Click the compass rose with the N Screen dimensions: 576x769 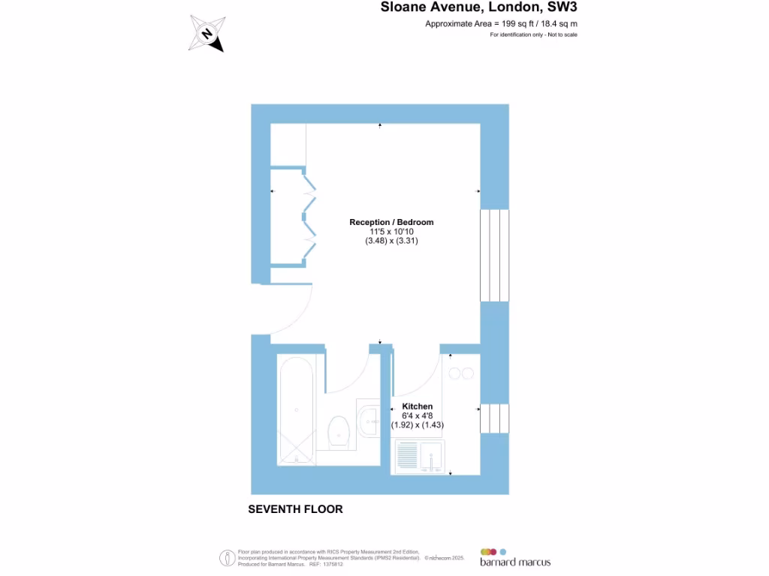207,34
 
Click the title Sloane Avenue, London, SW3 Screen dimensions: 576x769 479,8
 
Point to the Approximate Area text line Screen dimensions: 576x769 501,24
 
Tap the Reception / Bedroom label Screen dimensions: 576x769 391,222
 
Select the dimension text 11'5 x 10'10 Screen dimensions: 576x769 391,232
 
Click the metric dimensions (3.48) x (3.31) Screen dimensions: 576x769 391,241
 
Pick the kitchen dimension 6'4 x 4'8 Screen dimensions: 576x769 418,415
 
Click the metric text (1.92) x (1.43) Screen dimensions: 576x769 418,425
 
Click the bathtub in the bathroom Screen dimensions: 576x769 297,409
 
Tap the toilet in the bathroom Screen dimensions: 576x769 339,430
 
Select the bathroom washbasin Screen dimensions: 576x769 369,420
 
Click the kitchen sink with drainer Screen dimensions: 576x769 420,455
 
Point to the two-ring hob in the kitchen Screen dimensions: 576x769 460,373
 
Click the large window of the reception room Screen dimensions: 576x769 494,255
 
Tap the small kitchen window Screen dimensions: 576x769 494,418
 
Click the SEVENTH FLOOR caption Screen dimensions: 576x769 295,509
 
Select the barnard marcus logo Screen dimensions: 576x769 515,557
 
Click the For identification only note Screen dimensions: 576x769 533,35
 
